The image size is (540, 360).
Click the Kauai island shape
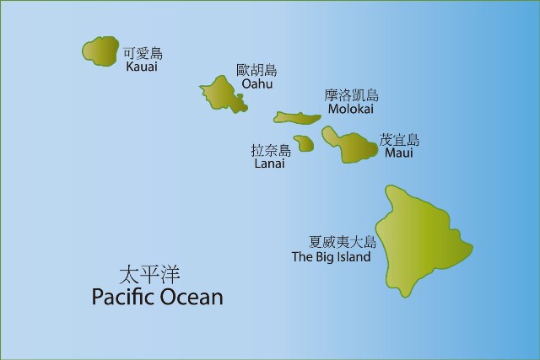coord(100,52)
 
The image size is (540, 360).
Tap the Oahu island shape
coord(222,92)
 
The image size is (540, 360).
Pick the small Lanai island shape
coord(304,143)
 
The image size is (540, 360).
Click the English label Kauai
coord(141,67)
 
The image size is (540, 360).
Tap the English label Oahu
coord(256,84)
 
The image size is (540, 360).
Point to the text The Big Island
coord(331,256)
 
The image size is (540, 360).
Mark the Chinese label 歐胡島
coord(256,71)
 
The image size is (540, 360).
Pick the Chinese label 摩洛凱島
coord(351,95)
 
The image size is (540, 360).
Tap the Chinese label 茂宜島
coord(399,140)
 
